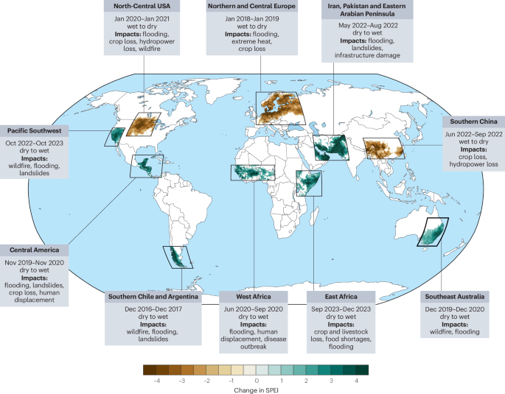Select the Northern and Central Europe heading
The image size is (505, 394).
[x=252, y=7]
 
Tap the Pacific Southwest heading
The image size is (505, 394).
[x=35, y=130]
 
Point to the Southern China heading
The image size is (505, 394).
[x=473, y=121]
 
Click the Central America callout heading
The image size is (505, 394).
[x=35, y=250]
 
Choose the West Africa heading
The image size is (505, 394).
[x=252, y=297]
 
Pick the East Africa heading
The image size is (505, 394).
[x=341, y=297]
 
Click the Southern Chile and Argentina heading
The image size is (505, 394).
[x=152, y=297]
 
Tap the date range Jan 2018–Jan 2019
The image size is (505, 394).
[x=252, y=17]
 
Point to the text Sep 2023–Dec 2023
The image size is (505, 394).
[x=341, y=307]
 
